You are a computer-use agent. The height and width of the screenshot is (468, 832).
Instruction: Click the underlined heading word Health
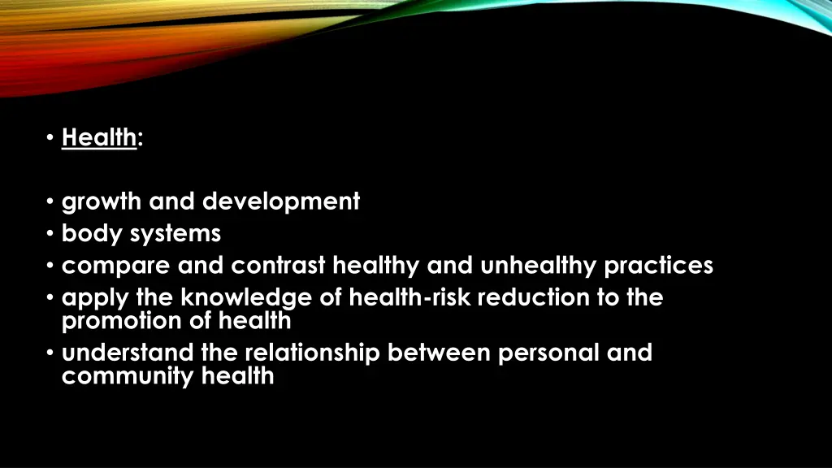tap(98, 138)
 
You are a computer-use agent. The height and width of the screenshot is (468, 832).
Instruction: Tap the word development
tap(281, 201)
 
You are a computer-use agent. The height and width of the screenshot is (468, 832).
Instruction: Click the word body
tap(90, 234)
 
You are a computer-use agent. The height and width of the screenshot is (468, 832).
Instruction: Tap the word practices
tap(659, 266)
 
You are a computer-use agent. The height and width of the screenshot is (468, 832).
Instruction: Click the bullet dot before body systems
tap(51, 234)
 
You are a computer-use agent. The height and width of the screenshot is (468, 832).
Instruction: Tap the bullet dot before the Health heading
tap(51, 139)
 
